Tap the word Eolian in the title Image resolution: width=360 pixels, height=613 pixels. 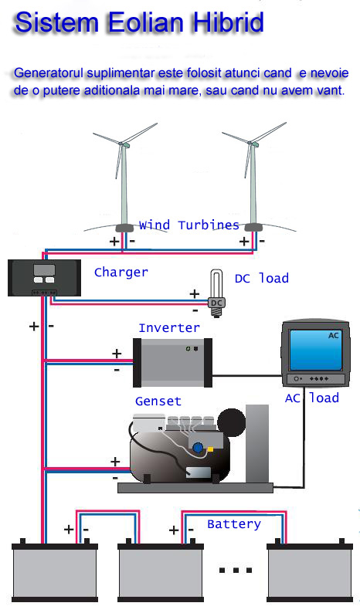(146, 22)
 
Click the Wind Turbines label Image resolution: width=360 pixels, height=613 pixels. (189, 225)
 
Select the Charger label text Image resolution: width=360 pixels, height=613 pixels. (121, 272)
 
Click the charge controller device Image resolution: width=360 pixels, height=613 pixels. (45, 278)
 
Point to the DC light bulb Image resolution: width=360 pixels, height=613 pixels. (216, 293)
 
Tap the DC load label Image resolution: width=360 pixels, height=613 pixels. (262, 279)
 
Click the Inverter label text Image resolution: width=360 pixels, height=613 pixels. (169, 327)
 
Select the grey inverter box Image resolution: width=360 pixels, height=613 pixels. (172, 363)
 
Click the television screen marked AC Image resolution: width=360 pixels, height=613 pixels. (315, 350)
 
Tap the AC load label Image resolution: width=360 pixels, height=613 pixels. (312, 398)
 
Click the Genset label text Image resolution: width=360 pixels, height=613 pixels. (158, 401)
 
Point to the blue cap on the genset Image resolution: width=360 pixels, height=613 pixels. (199, 447)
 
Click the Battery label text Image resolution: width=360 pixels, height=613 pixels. (234, 524)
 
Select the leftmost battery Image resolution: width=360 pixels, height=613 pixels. (55, 570)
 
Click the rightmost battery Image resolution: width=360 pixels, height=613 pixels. (310, 570)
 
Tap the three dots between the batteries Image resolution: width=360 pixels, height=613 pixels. (236, 571)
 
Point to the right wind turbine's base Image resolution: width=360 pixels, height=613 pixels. (253, 228)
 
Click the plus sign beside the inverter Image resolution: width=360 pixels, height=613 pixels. (117, 354)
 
